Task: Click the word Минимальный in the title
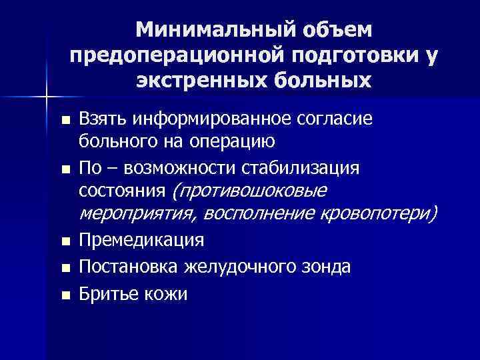(x=215, y=30)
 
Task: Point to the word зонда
(x=327, y=267)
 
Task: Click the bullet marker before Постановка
(x=64, y=267)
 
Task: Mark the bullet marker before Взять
(x=64, y=121)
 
